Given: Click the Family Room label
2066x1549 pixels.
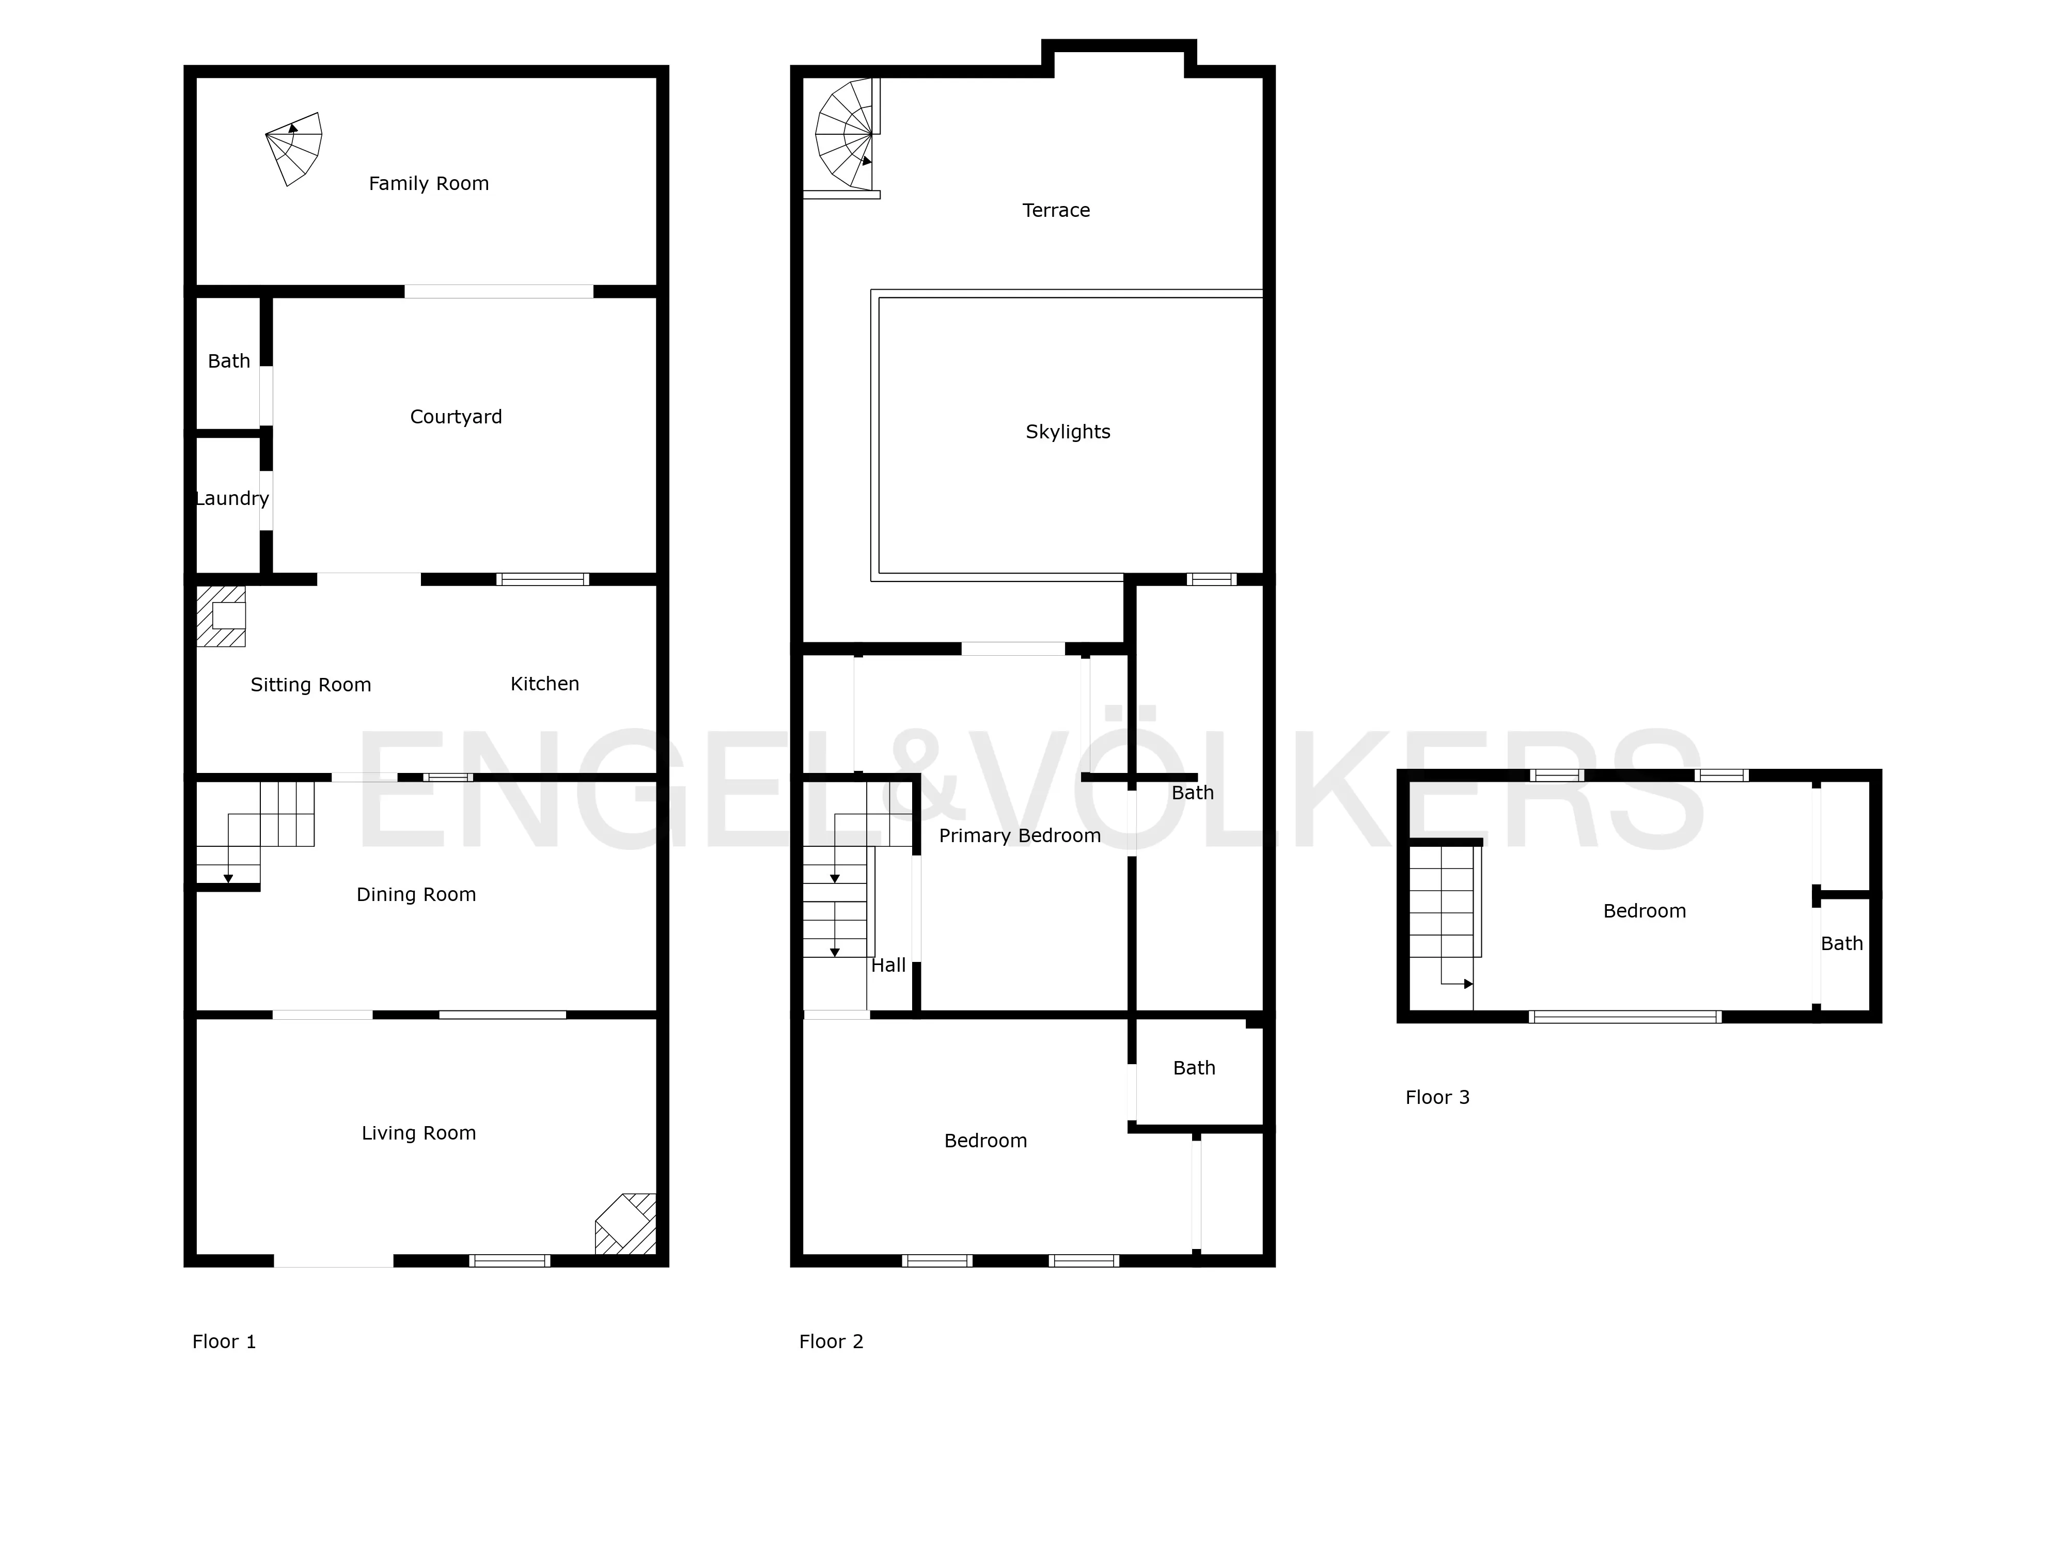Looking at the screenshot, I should (x=429, y=184).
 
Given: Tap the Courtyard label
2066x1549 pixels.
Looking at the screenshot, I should (x=456, y=417).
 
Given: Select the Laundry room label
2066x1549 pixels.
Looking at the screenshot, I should (x=231, y=499).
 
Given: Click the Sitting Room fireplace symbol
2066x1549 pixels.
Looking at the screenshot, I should (x=222, y=616).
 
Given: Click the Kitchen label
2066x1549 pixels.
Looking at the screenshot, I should (x=544, y=684).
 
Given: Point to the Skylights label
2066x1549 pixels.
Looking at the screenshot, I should (x=1068, y=432).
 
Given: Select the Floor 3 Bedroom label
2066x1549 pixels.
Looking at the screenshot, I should (x=1644, y=911).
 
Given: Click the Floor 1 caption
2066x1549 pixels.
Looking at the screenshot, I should (x=224, y=1342).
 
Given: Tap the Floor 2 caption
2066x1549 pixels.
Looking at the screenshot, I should (x=831, y=1342).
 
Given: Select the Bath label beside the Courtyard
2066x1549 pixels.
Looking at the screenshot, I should (x=229, y=361).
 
